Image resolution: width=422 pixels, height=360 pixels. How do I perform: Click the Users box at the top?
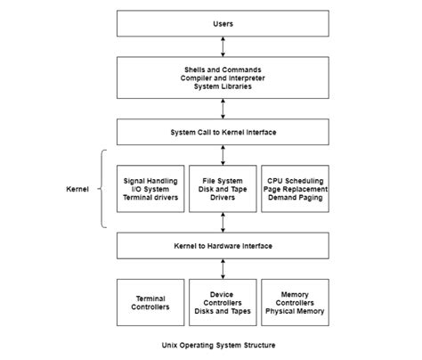(222, 23)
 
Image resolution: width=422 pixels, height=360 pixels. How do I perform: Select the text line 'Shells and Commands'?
(222, 68)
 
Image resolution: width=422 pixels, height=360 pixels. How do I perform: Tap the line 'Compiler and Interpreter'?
(222, 78)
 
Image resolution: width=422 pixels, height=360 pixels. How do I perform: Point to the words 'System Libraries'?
(222, 87)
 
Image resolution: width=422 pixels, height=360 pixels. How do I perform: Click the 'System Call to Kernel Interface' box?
(222, 132)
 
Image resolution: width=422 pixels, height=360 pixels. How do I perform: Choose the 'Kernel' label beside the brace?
(79, 189)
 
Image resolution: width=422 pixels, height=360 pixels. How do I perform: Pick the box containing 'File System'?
(222, 188)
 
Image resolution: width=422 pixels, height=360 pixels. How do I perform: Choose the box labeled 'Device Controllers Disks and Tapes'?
(222, 302)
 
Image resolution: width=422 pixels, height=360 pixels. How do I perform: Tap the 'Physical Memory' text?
(293, 312)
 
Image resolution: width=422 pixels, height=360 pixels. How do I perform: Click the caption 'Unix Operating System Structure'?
(222, 344)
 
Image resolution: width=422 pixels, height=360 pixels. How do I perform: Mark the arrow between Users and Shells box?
(222, 45)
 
